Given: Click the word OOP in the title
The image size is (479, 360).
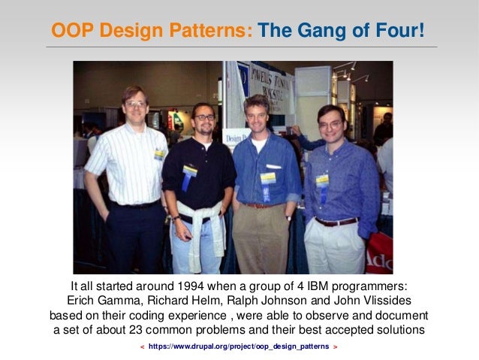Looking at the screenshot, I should (69, 31).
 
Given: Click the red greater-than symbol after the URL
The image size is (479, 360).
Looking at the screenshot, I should (335, 346).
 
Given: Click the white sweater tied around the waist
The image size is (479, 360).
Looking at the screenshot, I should (197, 225).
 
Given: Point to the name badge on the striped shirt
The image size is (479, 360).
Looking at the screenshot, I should (160, 153).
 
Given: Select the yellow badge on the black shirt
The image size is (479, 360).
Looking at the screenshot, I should (190, 171).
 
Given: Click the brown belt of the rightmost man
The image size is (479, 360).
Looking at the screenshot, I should (336, 222).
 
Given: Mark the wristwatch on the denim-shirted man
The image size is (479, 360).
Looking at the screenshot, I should (288, 217).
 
